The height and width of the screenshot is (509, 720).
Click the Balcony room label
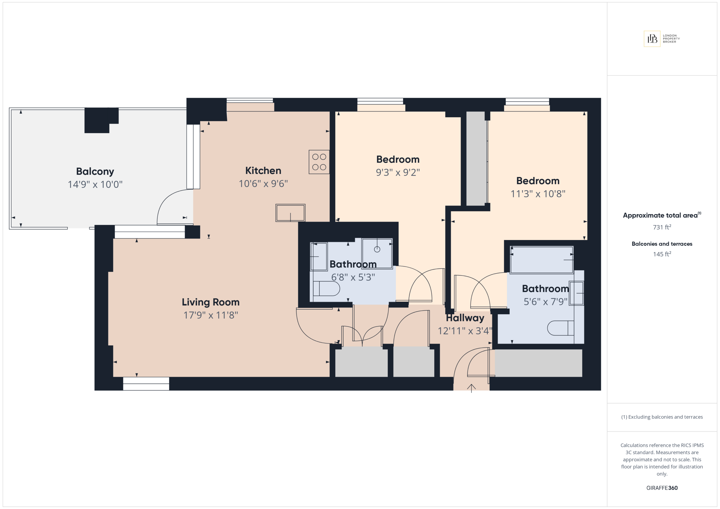point(95,171)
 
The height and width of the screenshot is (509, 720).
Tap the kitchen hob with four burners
point(319,162)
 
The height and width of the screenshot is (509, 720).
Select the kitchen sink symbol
point(290,213)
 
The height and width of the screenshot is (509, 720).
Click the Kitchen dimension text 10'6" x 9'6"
point(263,184)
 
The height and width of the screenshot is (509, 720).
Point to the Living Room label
point(210,302)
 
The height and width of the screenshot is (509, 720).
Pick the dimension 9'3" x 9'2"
point(398,172)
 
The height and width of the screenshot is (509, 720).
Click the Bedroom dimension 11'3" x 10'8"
point(538,194)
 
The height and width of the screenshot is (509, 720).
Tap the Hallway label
point(465,318)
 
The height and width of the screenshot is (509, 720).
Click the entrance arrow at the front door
point(471,388)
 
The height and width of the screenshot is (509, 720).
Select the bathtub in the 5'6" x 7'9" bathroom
point(542,260)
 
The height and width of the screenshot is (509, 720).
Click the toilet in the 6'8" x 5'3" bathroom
point(326,288)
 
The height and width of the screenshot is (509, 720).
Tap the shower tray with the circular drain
point(377,254)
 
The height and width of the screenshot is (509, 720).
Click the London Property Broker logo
point(662,39)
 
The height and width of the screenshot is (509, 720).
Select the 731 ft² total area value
point(662,227)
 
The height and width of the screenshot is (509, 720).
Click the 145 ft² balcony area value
point(662,254)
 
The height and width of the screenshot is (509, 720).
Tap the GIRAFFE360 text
point(662,488)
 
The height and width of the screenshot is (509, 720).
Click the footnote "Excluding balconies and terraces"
point(665,417)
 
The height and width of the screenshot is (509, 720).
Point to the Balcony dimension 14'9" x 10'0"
point(95,184)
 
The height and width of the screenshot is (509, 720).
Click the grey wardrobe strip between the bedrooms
point(476,159)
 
